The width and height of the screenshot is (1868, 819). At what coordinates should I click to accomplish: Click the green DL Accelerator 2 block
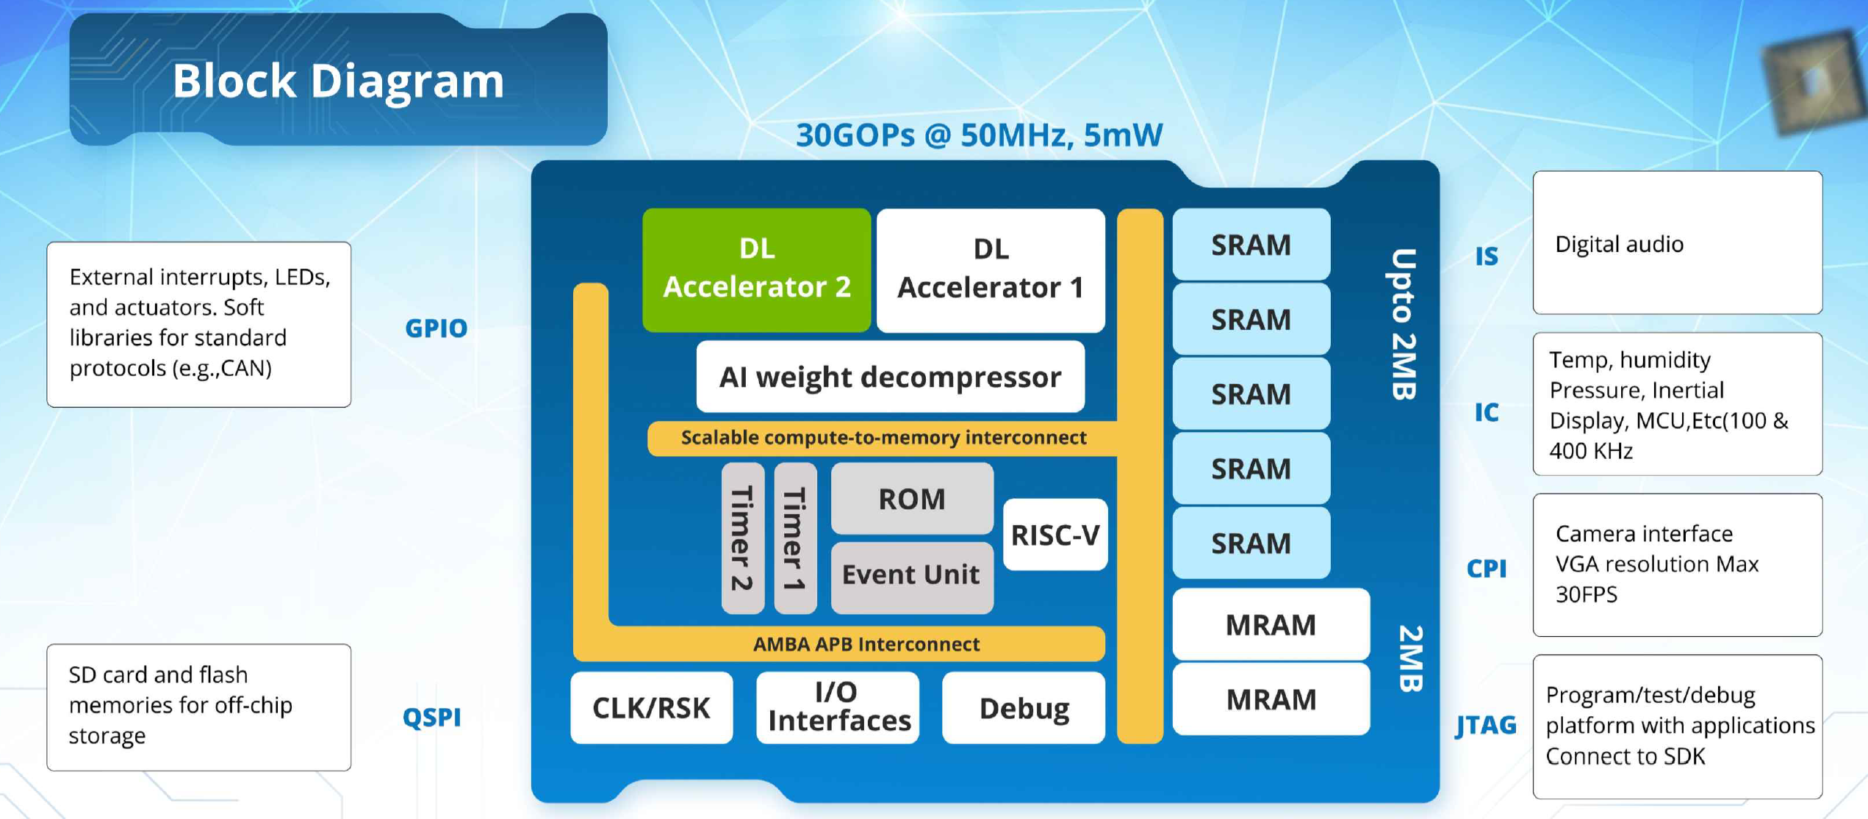pyautogui.click(x=756, y=269)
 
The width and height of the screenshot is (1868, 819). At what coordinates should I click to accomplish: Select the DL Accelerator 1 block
pyautogui.click(x=990, y=269)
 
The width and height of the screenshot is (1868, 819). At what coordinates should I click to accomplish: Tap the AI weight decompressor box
pyautogui.click(x=890, y=377)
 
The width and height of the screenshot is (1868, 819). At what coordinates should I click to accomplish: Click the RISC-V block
pyautogui.click(x=1055, y=535)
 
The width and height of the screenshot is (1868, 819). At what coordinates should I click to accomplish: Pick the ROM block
pyautogui.click(x=911, y=499)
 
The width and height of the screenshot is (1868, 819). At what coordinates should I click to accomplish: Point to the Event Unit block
pyautogui.click(x=911, y=574)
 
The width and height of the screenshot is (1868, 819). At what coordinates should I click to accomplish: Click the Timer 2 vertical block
pyautogui.click(x=742, y=538)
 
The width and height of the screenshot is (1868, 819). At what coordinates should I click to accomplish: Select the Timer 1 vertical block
pyautogui.click(x=795, y=538)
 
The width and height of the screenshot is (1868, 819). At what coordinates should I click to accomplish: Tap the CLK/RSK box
pyautogui.click(x=651, y=707)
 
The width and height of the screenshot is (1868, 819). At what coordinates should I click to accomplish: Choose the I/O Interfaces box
pyautogui.click(x=838, y=707)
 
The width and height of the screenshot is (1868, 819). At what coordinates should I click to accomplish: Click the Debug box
pyautogui.click(x=1024, y=707)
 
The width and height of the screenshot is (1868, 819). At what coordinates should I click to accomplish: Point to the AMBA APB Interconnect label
pyautogui.click(x=866, y=644)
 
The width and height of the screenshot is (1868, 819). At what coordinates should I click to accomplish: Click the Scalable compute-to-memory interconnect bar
pyautogui.click(x=883, y=438)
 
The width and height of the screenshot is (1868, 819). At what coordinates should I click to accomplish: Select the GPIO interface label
pyautogui.click(x=436, y=328)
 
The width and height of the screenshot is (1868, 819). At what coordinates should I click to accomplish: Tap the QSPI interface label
pyautogui.click(x=432, y=717)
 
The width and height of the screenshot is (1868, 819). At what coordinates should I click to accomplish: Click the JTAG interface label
pyautogui.click(x=1486, y=725)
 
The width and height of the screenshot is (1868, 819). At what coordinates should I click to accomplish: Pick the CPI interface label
pyautogui.click(x=1486, y=568)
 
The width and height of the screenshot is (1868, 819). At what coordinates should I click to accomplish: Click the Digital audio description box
pyautogui.click(x=1677, y=243)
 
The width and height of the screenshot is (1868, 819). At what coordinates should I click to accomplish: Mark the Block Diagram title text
pyautogui.click(x=338, y=80)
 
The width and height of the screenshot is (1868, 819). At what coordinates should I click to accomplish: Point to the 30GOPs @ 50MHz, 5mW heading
pyautogui.click(x=979, y=135)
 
